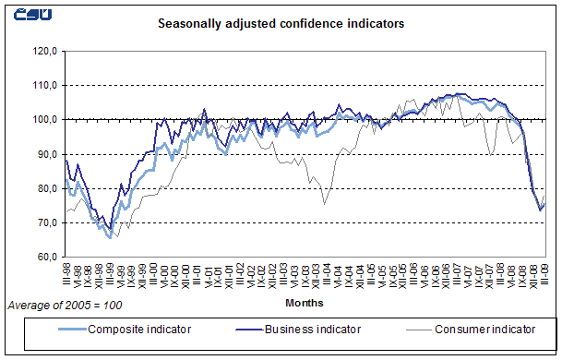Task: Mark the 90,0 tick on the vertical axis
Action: pos(46,154)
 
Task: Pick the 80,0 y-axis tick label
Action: pos(46,188)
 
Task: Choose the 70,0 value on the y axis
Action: pos(46,222)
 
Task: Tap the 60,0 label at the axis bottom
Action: pos(46,257)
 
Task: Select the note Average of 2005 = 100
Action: pos(65,304)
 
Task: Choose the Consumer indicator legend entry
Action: pos(485,329)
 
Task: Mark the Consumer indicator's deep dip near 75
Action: pos(324,203)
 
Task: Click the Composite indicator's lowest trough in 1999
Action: pos(111,237)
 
